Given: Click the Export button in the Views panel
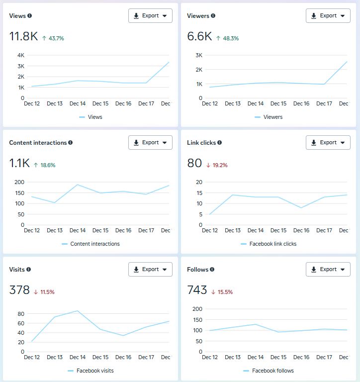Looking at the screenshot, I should click(150, 15).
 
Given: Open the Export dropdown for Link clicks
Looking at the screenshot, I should click(328, 143).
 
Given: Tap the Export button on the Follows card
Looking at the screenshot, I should click(328, 270).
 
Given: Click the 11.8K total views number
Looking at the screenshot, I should click(23, 36).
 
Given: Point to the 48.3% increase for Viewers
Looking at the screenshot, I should click(227, 38).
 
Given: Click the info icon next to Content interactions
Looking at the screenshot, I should click(71, 143).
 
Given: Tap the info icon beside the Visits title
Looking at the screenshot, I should click(28, 270).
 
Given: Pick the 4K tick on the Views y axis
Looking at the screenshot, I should click(21, 55).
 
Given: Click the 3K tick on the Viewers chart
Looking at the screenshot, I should click(199, 55).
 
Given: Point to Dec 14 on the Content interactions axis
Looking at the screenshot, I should click(78, 231).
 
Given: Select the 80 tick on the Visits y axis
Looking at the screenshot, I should click(21, 314).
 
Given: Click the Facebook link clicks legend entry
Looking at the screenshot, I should click(272, 244).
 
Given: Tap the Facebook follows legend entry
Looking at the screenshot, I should click(272, 371).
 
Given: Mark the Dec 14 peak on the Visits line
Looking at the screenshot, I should click(78, 311).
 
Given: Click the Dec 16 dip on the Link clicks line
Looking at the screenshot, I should click(301, 207).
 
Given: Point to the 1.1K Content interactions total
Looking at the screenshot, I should click(20, 164).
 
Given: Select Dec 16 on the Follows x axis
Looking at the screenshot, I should click(301, 358).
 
